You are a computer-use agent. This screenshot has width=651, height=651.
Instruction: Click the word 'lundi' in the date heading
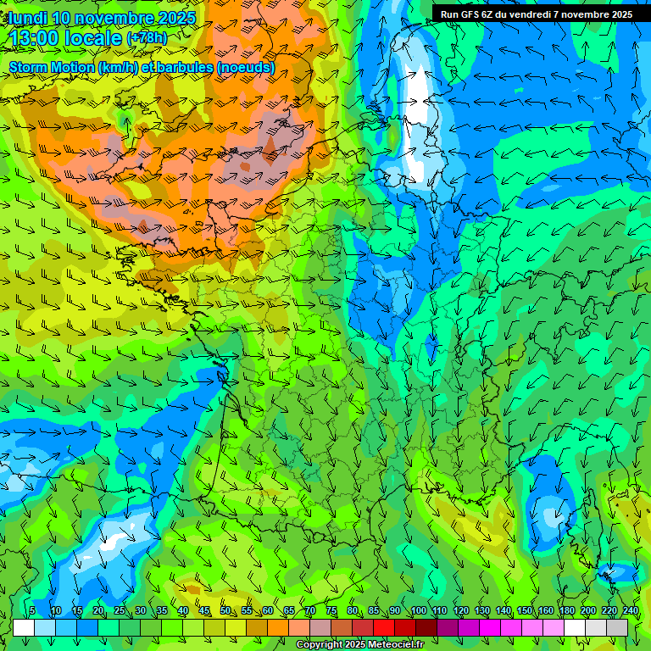(27, 18)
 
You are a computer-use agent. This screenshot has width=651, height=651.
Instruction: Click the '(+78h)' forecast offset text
(147, 39)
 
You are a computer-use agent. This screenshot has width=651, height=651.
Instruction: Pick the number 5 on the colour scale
(32, 610)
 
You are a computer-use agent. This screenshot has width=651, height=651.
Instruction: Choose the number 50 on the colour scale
(225, 610)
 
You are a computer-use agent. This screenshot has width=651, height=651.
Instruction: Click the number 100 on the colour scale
(419, 610)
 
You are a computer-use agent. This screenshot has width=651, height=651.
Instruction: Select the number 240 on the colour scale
(631, 610)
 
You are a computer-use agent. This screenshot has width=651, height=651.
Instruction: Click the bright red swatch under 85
(384, 627)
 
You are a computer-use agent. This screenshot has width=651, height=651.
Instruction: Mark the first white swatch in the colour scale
(24, 627)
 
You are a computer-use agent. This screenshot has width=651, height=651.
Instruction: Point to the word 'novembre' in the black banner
(593, 14)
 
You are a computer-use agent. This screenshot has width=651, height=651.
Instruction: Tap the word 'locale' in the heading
(93, 39)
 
